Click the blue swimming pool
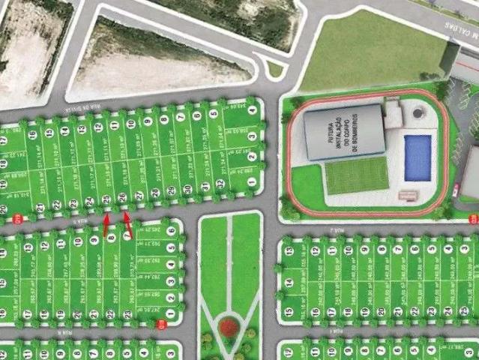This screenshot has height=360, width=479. [x=418, y=157]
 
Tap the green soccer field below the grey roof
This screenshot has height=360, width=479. [x=357, y=177]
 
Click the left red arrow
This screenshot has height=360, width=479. [x=106, y=222]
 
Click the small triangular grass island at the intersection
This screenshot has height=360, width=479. [x=275, y=70]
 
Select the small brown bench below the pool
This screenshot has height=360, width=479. [x=408, y=195]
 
